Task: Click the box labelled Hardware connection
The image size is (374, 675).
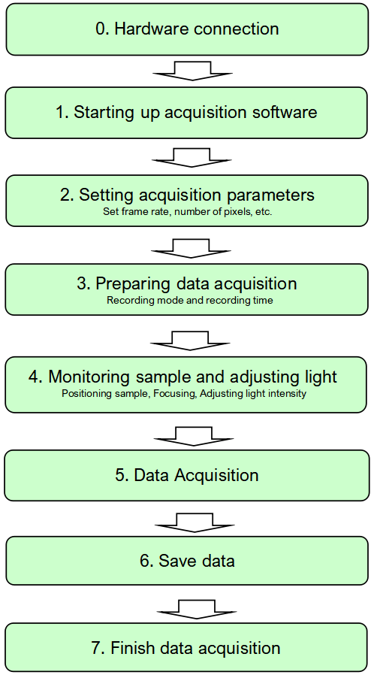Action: [187, 29]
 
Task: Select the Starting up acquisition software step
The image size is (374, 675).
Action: [186, 113]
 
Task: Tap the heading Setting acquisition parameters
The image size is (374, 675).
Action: [187, 195]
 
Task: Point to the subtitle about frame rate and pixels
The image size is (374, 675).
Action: [187, 212]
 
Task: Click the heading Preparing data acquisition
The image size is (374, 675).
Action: [195, 284]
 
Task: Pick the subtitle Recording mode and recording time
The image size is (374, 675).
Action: [189, 301]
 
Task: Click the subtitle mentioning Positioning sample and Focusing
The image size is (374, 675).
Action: [184, 394]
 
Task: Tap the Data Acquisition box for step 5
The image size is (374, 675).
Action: [187, 475]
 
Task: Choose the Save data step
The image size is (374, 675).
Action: [187, 561]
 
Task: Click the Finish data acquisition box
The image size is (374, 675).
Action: [187, 648]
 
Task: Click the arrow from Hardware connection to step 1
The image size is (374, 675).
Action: [192, 71]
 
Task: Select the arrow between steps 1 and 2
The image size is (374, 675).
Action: [192, 158]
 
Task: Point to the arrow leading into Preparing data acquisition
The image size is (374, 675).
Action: [191, 248]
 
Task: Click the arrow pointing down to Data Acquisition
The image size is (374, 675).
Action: [194, 437]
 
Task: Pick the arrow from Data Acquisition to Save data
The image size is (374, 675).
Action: [195, 522]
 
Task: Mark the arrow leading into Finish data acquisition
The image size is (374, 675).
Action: [195, 608]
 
